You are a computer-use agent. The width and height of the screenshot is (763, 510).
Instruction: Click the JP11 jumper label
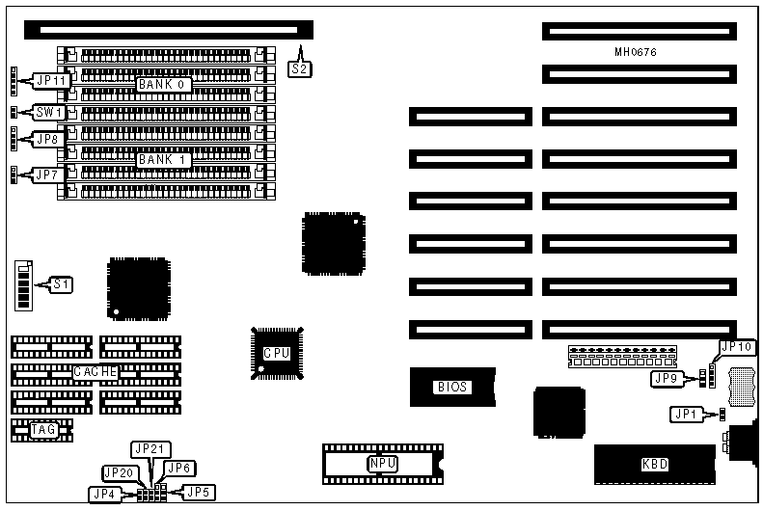click(x=51, y=82)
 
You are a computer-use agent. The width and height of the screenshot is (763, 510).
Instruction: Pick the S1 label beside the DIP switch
click(x=62, y=284)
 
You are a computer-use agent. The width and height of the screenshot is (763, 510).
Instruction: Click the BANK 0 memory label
click(x=161, y=85)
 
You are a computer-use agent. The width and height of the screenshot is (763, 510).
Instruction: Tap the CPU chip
click(x=277, y=354)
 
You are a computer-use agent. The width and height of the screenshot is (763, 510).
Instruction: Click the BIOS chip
click(x=451, y=387)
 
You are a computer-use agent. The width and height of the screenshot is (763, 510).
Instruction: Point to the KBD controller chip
click(x=654, y=465)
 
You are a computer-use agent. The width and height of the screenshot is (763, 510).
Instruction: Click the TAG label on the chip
click(x=43, y=430)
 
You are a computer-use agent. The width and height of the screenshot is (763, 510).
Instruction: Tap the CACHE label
click(x=95, y=371)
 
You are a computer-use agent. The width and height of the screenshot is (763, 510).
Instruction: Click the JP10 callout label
click(x=736, y=347)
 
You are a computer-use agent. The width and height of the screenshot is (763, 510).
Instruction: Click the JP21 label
click(x=150, y=449)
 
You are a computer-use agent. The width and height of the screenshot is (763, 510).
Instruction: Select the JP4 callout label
click(x=103, y=494)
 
